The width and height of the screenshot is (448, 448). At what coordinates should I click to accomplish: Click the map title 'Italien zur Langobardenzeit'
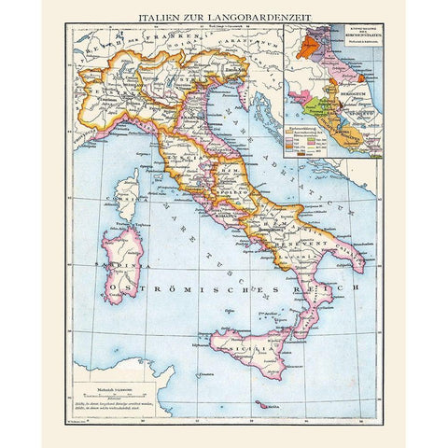coord(224,17)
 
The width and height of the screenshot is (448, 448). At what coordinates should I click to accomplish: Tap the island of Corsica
coord(128,196)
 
